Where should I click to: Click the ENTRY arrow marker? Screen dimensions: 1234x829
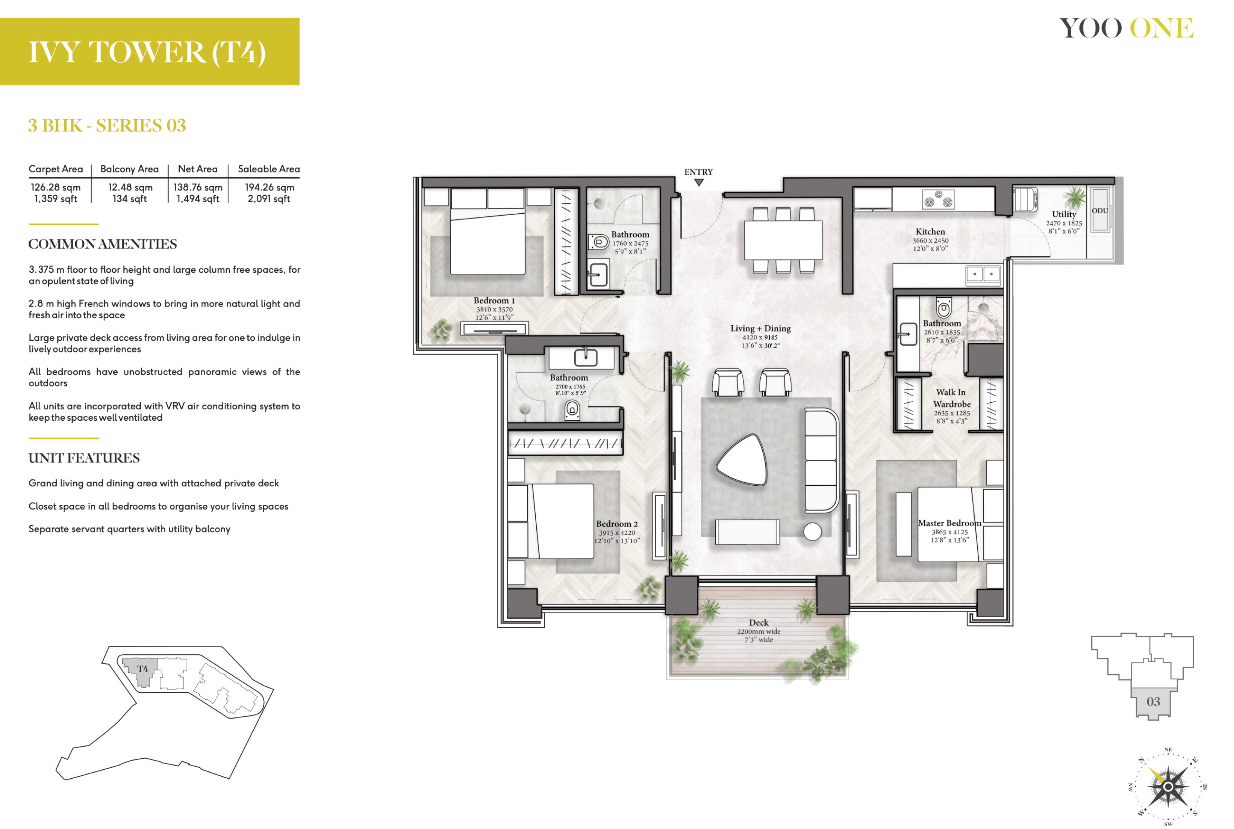tap(699, 183)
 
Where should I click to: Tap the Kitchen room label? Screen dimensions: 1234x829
tap(930, 231)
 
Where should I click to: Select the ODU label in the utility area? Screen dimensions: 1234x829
tap(1100, 210)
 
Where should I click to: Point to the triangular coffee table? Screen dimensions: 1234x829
tap(742, 460)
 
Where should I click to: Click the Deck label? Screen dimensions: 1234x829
tap(759, 623)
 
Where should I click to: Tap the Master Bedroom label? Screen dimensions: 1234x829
tap(949, 523)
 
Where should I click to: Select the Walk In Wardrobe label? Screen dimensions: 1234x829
tap(952, 398)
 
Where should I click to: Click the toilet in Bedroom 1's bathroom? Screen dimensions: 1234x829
tap(598, 242)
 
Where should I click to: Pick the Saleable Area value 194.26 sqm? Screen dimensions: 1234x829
tap(269, 187)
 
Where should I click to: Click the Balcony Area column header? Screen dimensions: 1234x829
tap(130, 169)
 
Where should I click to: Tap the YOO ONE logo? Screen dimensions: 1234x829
tap(1126, 28)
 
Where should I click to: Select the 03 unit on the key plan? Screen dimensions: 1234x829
tap(1153, 702)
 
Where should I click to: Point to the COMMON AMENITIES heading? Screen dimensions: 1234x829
tap(103, 244)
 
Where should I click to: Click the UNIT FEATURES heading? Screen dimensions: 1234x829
tap(84, 458)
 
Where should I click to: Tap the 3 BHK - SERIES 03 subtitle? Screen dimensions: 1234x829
tap(107, 125)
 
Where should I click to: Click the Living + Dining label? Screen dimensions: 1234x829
tap(760, 328)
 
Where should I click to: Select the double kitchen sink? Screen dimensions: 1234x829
tap(983, 274)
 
